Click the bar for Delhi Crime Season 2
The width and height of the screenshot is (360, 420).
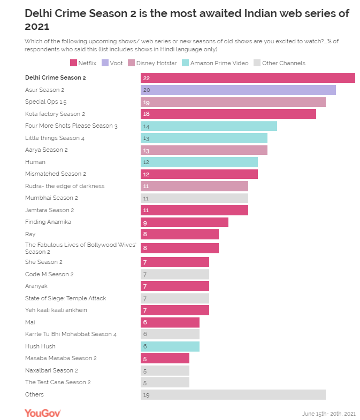pos(248,78)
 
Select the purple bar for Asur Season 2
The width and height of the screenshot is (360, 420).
pos(238,90)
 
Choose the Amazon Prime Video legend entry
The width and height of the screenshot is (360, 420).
pos(216,63)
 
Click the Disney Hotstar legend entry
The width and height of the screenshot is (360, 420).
pos(152,63)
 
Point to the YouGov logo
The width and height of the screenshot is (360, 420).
pos(43,413)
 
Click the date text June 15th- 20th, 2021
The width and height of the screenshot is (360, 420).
pos(328,414)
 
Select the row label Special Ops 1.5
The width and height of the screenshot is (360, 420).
pos(46,102)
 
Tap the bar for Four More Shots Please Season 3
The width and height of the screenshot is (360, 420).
pos(209,126)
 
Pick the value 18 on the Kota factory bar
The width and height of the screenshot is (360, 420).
pos(146,114)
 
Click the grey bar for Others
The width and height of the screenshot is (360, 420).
pos(233,395)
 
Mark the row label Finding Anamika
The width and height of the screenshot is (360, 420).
pos(48,222)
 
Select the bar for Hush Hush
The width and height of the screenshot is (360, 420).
pos(170,346)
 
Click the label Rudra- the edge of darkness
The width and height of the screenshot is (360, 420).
pos(65,186)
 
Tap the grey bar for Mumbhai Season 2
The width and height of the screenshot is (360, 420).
pos(194,198)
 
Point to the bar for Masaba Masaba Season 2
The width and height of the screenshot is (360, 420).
pos(165,359)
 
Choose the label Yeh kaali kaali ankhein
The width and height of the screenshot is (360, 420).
pos(56,310)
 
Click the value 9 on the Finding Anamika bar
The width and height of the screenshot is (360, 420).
pos(145,222)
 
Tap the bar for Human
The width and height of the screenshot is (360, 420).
pos(199,162)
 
